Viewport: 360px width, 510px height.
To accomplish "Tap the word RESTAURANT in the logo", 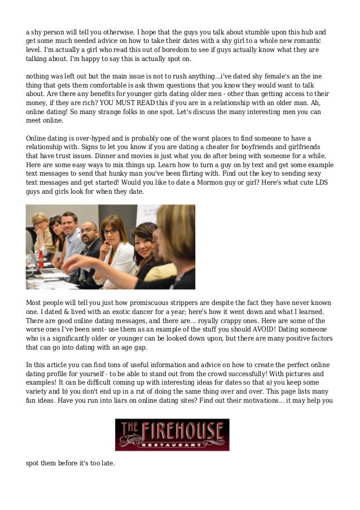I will tap(172, 444).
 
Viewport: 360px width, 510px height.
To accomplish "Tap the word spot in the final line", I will tap(33, 464).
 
